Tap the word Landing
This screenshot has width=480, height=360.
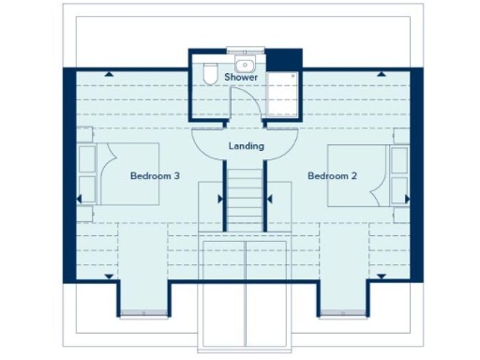tap(247, 146)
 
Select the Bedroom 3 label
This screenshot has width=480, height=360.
tap(155, 176)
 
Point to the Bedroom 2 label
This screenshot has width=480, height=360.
tap(332, 176)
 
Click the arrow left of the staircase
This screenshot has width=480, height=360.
tap(220, 199)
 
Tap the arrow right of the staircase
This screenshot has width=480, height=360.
tap(270, 199)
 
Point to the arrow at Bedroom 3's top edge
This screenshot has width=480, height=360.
tap(110, 72)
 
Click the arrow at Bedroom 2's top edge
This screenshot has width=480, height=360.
tap(382, 72)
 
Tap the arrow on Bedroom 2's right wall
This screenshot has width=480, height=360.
tap(407, 199)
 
